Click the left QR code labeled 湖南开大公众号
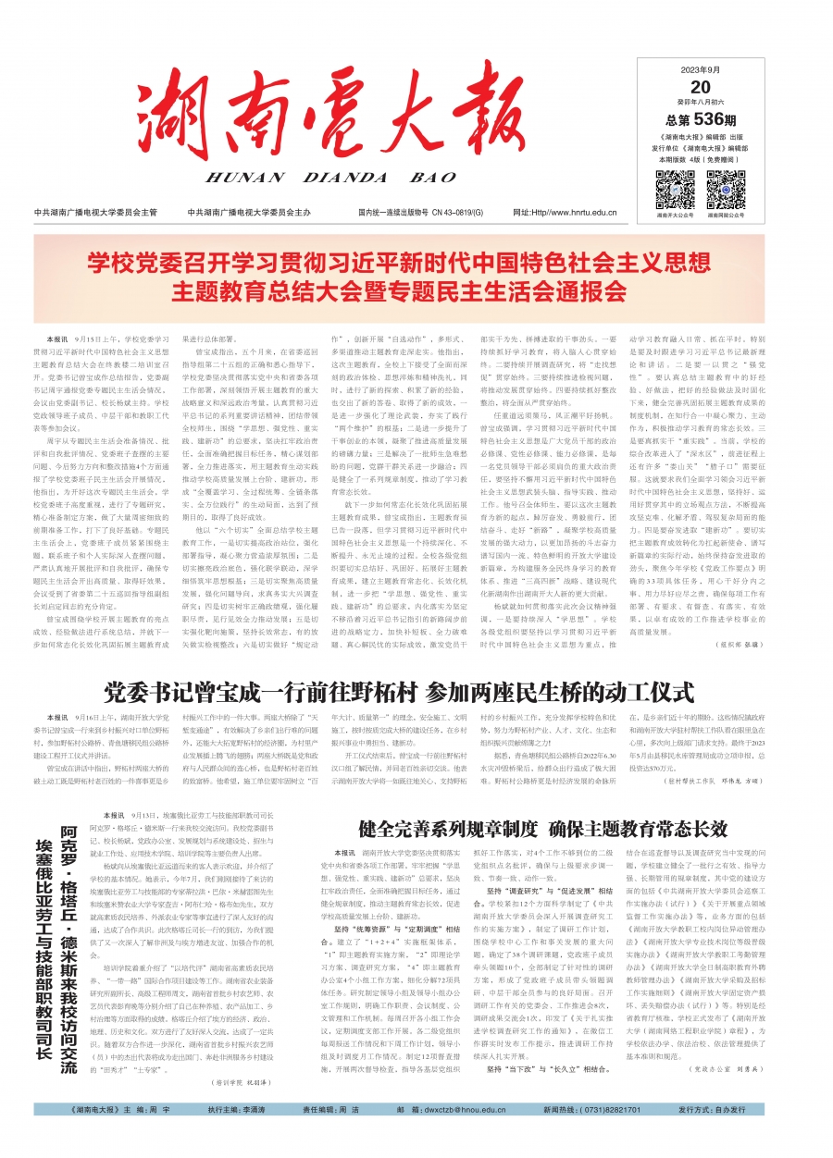coord(675,189)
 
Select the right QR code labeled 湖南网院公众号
coord(727,189)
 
